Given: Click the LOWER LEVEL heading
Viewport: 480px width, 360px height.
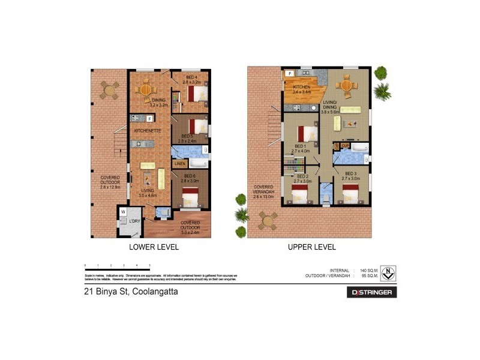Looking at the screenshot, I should [154, 247].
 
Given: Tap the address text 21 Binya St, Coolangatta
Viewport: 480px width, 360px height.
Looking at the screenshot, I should [130, 292].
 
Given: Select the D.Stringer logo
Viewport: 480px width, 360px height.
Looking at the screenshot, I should [371, 293].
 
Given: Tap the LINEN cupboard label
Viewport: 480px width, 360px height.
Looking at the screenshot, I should [179, 164].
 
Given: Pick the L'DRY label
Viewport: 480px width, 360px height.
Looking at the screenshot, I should [135, 221].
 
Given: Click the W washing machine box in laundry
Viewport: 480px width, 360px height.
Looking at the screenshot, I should [122, 212].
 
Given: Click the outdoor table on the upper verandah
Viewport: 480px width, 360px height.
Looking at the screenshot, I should [268, 220].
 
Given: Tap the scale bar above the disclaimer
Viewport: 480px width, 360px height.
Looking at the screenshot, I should [117, 268].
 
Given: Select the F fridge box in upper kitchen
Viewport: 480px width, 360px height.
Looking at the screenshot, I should [290, 74].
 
